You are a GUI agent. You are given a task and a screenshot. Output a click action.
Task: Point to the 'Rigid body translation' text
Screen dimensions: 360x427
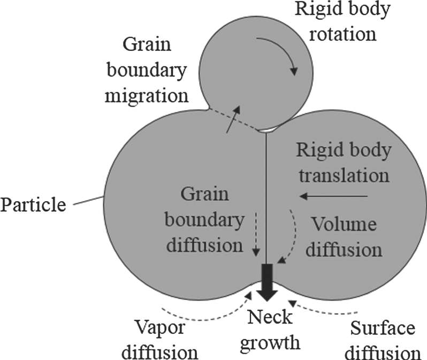click(x=343, y=163)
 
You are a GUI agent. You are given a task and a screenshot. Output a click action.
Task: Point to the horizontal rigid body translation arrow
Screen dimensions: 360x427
click(x=334, y=197)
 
